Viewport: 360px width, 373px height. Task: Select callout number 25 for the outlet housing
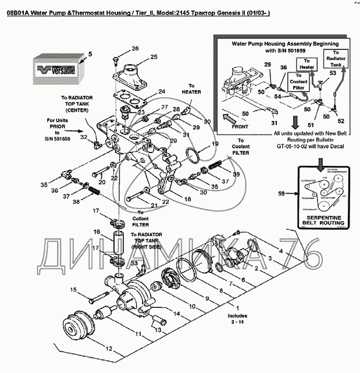(x=154, y=57)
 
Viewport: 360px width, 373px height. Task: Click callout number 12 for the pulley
(x=109, y=349)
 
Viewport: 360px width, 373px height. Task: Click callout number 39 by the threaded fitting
(x=236, y=174)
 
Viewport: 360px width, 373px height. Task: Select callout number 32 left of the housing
(x=84, y=137)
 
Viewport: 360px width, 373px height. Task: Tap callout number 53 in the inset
(x=333, y=73)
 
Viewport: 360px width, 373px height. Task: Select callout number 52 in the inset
(x=341, y=121)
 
